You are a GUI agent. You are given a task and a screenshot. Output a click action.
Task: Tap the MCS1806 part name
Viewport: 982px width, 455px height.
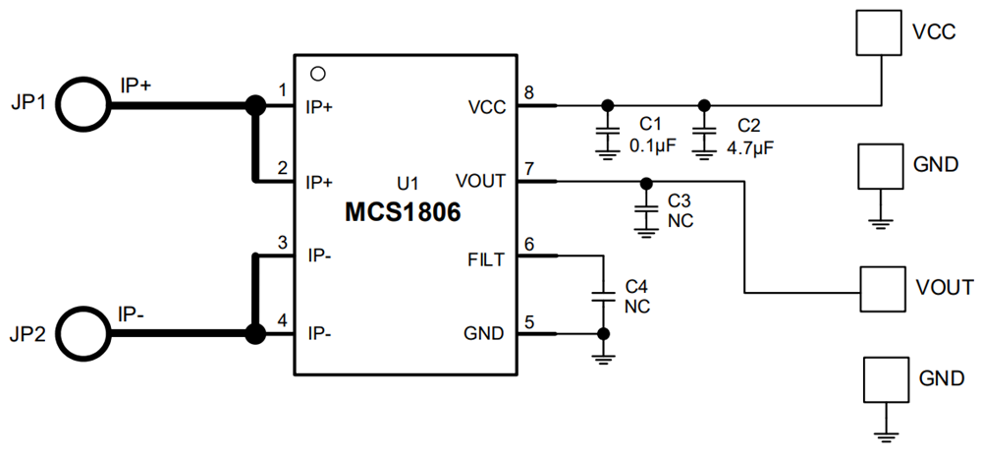403,212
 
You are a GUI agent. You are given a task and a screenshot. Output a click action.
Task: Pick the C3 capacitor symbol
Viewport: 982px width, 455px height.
645,208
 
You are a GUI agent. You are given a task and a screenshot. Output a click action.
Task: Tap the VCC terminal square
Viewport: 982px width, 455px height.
879,33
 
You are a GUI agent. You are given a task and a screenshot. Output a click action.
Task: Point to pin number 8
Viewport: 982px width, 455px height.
529,93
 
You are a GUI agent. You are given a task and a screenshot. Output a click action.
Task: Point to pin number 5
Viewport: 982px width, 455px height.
529,320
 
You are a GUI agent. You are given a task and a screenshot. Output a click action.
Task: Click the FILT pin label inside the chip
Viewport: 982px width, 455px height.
486,259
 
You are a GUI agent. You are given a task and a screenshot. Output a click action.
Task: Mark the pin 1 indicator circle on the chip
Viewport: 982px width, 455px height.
316,73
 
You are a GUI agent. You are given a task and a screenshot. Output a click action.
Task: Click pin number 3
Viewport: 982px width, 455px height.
283,243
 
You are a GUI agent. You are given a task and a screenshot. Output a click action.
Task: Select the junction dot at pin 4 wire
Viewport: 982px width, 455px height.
255,334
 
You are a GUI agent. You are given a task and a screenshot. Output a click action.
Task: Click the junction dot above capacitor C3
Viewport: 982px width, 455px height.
645,182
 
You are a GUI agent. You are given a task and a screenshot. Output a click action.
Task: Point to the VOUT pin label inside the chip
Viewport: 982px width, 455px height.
481,181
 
